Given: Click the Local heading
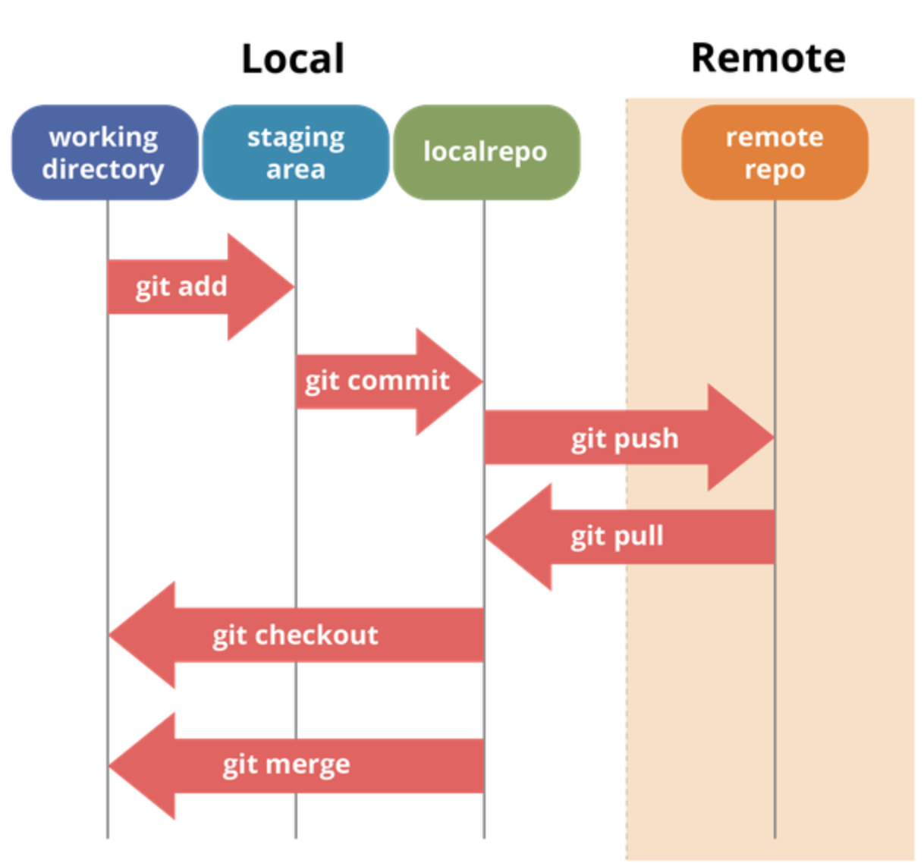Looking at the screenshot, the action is click(293, 58).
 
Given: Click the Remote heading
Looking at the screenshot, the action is click(768, 58).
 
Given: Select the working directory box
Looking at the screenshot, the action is click(105, 152).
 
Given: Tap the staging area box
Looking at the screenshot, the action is click(296, 152).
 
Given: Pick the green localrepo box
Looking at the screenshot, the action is click(487, 152).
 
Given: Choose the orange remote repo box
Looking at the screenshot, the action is click(775, 152).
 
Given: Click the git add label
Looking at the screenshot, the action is click(181, 287).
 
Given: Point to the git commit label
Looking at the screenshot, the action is click(377, 382).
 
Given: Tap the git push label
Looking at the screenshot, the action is click(625, 440).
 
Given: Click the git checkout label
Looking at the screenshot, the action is click(295, 635).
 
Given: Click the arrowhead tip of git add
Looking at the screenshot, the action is click(294, 287).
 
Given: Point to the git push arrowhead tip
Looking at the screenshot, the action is click(774, 438).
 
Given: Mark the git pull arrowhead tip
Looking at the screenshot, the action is click(486, 537).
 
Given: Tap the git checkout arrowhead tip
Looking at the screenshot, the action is click(108, 635).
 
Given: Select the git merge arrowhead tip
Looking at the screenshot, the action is click(108, 766).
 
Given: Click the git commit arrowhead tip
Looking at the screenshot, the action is click(483, 381).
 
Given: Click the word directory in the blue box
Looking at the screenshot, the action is click(103, 170).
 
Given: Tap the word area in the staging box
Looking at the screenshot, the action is click(296, 169).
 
